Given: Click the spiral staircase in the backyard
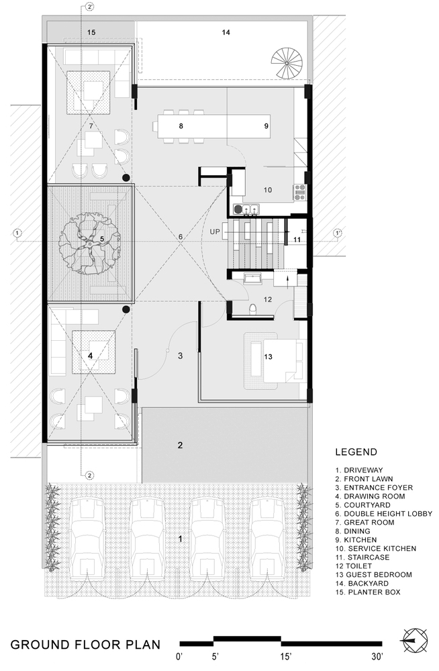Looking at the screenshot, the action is click(287, 62).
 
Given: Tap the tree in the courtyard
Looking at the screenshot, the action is click(89, 243).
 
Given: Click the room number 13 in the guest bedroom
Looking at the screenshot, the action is click(268, 357).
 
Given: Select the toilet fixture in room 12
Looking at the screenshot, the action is click(252, 308).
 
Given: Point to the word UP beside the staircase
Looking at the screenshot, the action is click(215, 231).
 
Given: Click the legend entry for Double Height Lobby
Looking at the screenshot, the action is click(384, 513).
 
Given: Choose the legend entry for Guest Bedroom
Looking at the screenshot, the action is click(373, 575).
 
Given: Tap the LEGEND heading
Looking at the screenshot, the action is click(356, 452).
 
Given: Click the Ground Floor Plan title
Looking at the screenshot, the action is click(85, 645).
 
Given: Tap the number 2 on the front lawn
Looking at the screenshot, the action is click(181, 446).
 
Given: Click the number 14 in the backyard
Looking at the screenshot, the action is click(226, 32).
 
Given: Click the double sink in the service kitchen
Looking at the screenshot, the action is click(250, 209).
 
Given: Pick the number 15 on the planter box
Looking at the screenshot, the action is click(91, 32).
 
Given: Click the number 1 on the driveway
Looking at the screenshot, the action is click(181, 539).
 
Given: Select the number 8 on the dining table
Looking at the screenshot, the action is click(181, 126).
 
